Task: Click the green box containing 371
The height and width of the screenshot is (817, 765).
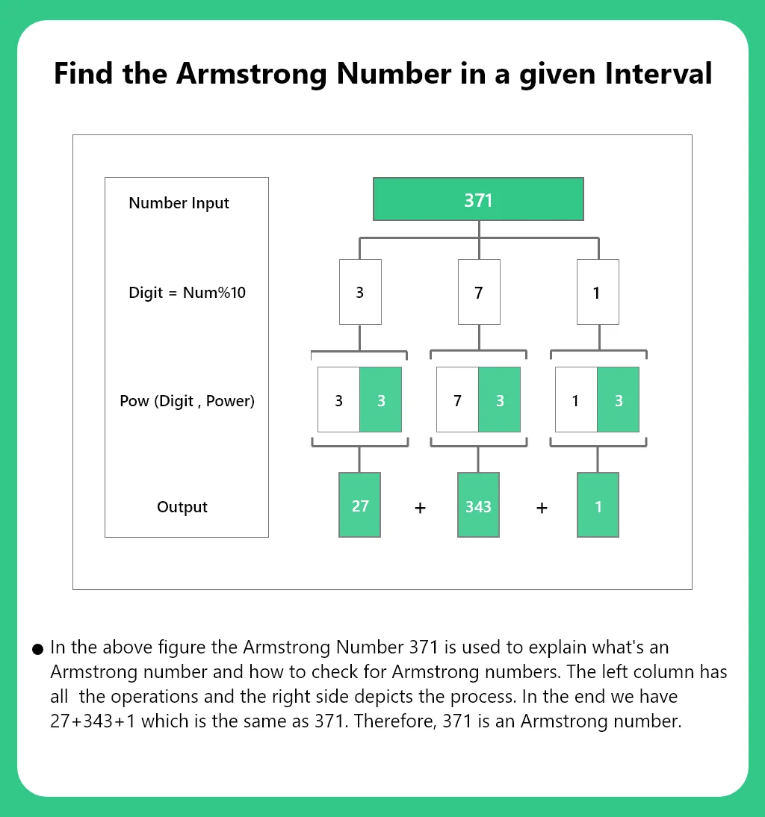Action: [478, 199]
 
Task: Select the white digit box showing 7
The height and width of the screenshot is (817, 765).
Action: [478, 292]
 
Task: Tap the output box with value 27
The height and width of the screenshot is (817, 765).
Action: [360, 505]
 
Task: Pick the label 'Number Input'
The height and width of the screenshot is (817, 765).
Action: [179, 203]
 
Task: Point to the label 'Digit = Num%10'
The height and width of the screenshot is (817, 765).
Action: [187, 293]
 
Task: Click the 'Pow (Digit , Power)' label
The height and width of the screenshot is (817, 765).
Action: [187, 401]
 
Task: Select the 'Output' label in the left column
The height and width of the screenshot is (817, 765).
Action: [182, 507]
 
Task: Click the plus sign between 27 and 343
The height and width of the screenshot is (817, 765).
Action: [420, 508]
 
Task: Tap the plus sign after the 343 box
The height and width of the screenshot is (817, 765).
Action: [542, 508]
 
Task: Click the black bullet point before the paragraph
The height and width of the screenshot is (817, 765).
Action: [37, 650]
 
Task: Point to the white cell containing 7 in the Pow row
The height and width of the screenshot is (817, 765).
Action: [457, 400]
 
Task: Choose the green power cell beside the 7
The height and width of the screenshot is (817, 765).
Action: [500, 400]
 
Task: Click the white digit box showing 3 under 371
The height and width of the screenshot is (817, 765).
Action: [360, 292]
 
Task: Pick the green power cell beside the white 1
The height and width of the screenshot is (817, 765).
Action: [618, 400]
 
